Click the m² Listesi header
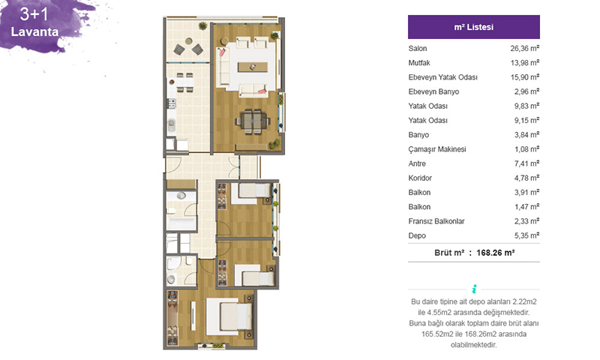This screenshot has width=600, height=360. tap(474, 27)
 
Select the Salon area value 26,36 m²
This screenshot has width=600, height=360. tap(524, 48)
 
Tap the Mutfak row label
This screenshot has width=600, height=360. tap(419, 63)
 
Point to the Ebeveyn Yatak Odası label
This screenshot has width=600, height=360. tap(442, 77)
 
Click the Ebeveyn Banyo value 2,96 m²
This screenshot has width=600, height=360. tap(526, 91)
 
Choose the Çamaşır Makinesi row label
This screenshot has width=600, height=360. tap(437, 149)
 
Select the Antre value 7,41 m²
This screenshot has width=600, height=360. tap(526, 163)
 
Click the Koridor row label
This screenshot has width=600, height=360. tap(420, 178)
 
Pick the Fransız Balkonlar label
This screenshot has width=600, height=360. tap(436, 221)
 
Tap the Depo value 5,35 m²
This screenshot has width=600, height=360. tap(526, 235)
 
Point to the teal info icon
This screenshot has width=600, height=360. tap(474, 289)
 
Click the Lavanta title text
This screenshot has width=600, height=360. tap(34, 31)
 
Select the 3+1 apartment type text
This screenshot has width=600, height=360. tap(34, 14)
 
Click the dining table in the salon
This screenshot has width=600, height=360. tap(253, 121)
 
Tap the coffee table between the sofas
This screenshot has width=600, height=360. tap(253, 67)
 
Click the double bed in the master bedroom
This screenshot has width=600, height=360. tap(229, 316)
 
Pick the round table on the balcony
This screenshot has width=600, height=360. tap(189, 40)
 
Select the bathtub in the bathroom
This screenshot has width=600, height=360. tap(181, 223)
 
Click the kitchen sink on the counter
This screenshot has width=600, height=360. tap(172, 124)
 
